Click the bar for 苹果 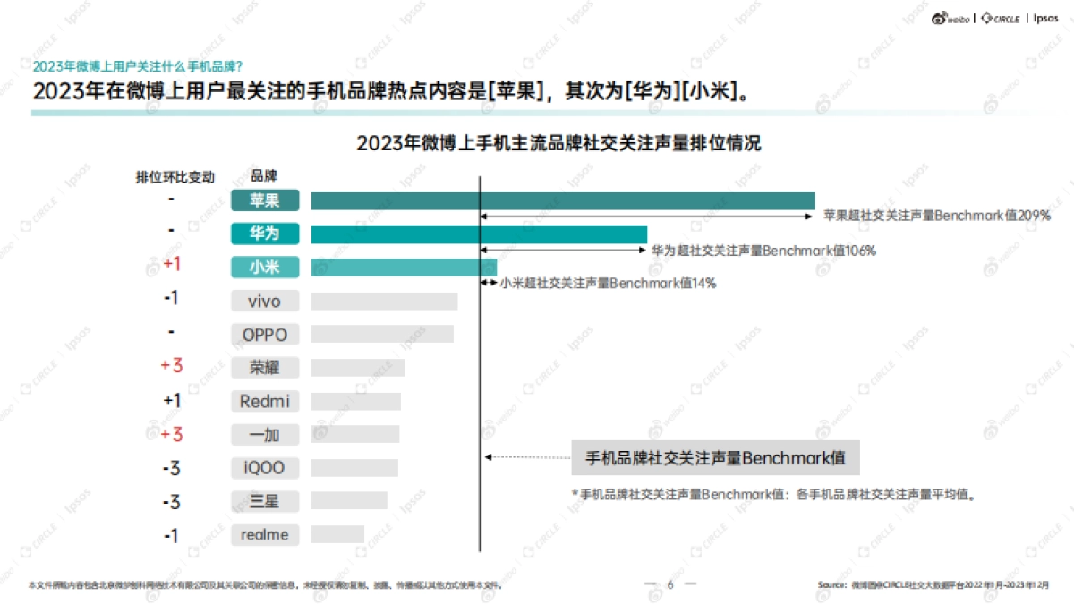563,201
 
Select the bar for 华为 479,234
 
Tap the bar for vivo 384,301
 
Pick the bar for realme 337,535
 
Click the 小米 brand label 265,267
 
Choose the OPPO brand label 265,335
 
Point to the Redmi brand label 265,402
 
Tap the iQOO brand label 265,468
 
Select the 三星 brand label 265,501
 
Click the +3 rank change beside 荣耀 171,366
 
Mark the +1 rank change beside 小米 173,265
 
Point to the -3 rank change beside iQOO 171,468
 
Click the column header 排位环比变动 175,176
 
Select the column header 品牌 264,176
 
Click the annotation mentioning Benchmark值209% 936,216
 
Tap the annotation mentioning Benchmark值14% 608,284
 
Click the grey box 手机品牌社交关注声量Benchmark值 715,458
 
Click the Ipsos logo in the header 1045,18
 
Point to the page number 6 669,584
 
